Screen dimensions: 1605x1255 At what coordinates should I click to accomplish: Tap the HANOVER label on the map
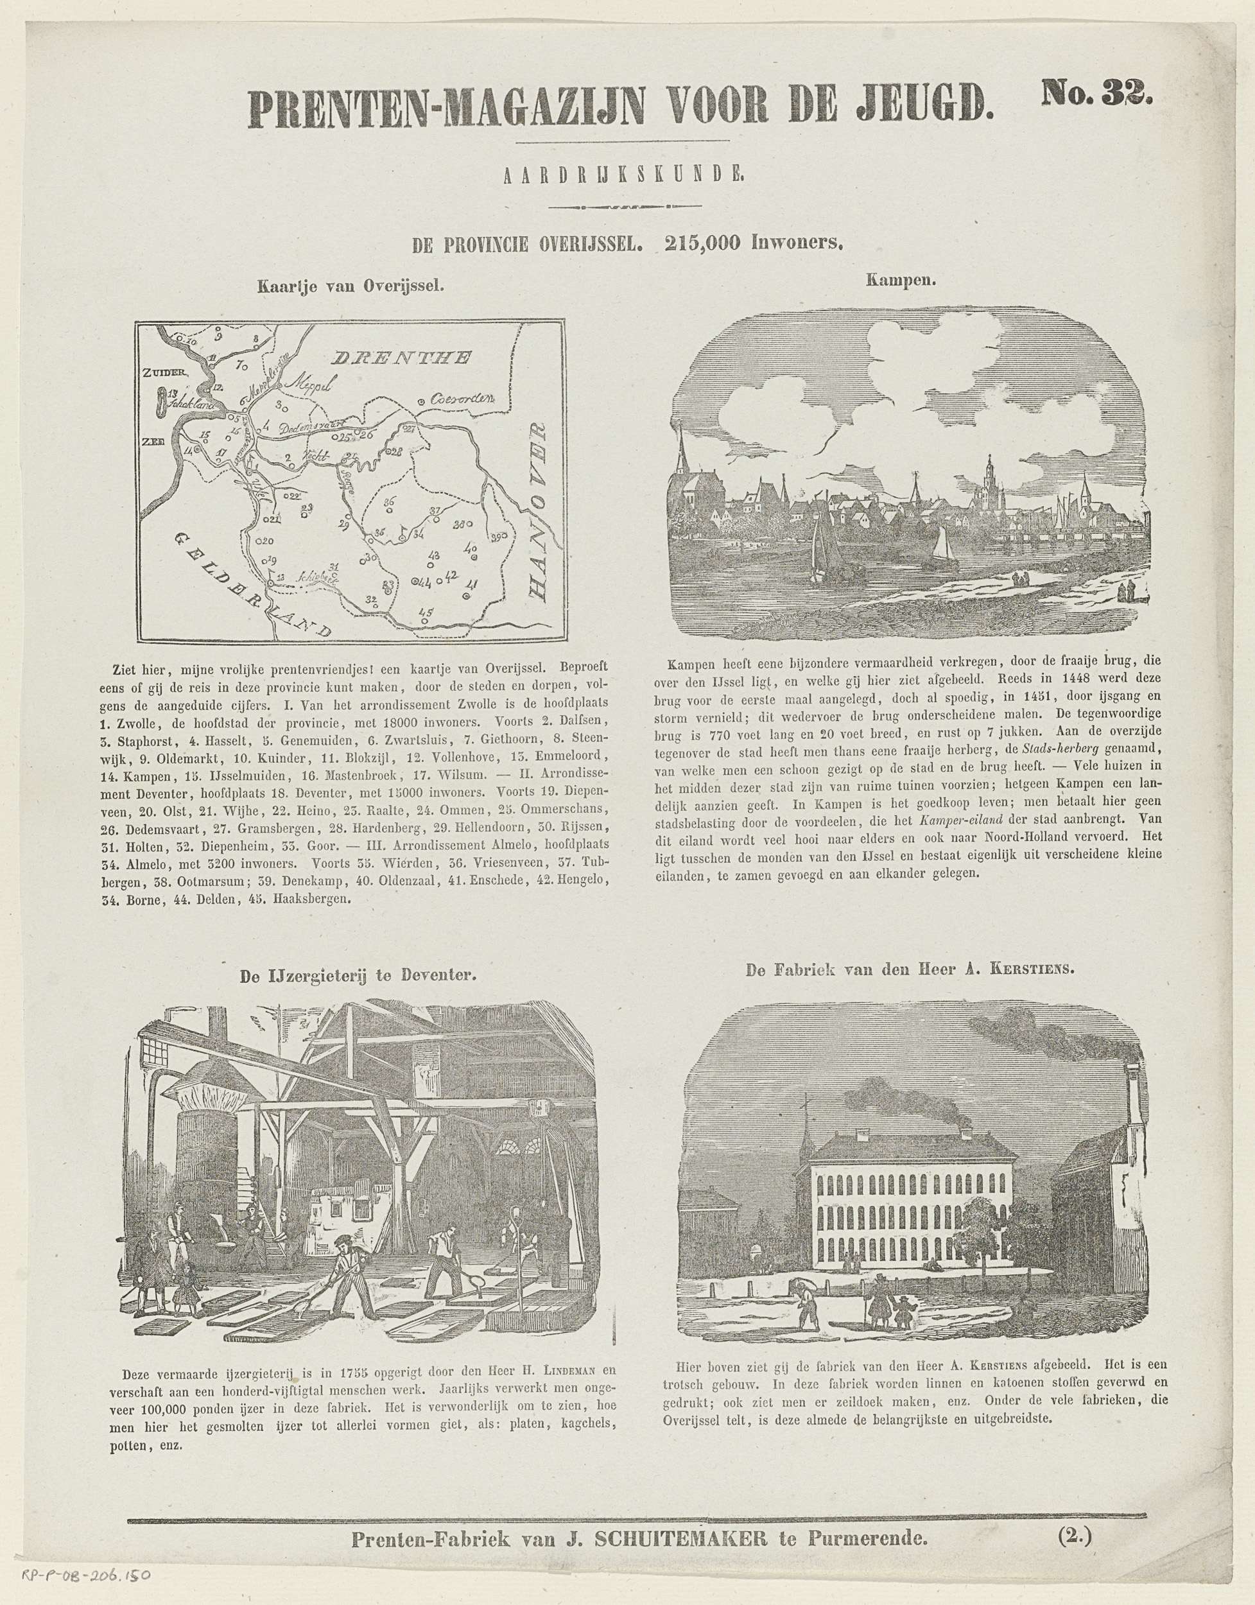pyautogui.click(x=542, y=512)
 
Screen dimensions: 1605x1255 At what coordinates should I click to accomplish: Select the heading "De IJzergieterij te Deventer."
pyautogui.click(x=359, y=976)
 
